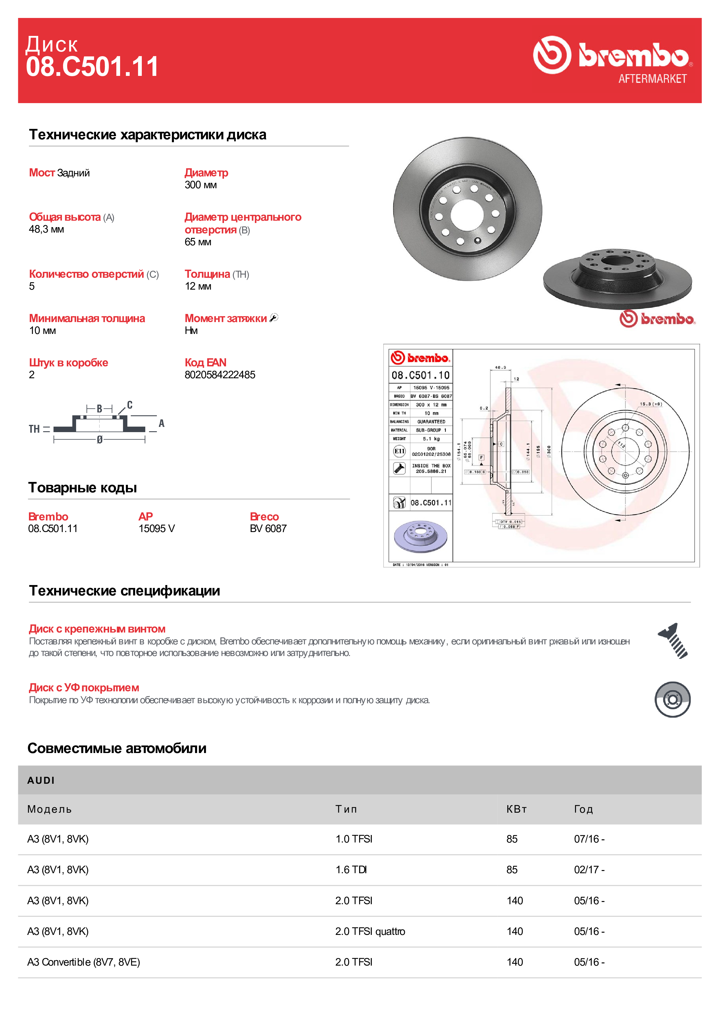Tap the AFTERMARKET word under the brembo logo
(652, 79)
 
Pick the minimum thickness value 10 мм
(42, 330)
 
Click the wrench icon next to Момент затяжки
(274, 318)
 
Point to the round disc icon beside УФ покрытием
(672, 700)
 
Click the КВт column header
(517, 809)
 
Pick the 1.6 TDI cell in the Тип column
(351, 869)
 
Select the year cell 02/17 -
(589, 869)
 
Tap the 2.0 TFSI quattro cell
(370, 931)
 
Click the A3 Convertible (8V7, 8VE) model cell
(83, 962)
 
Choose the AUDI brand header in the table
(41, 781)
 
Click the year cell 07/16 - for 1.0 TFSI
(589, 839)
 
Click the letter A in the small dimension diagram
(161, 423)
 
